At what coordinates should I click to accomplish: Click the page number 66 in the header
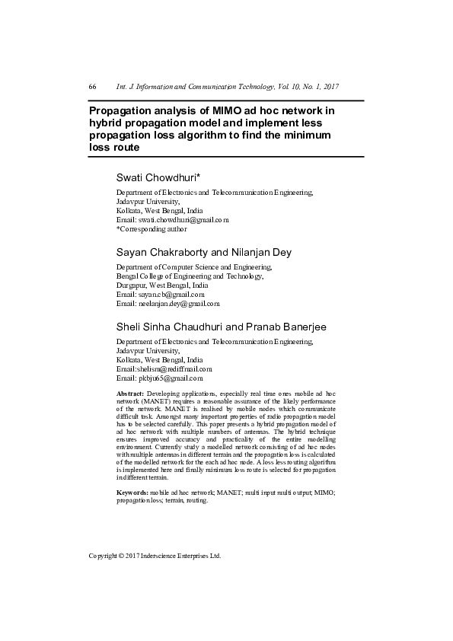coord(92,87)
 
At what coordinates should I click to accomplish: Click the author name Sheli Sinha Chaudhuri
coord(170,327)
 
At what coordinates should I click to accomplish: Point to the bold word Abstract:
coord(129,392)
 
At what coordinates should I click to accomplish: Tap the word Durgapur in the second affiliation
coord(130,285)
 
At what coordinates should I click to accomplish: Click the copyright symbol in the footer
coord(122,556)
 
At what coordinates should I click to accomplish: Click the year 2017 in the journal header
coord(329,87)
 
